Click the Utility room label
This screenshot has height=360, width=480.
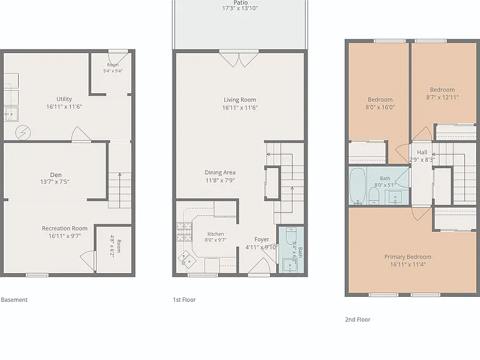pyautogui.click(x=64, y=99)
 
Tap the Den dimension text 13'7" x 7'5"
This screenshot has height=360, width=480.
pyautogui.click(x=55, y=182)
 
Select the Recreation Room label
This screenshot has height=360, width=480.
pyautogui.click(x=64, y=228)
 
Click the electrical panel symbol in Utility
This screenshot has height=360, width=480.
pyautogui.click(x=23, y=133)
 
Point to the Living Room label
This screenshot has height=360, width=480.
pyautogui.click(x=240, y=100)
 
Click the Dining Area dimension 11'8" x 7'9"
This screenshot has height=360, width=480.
pyautogui.click(x=220, y=180)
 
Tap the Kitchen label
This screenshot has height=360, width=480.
pyautogui.click(x=216, y=234)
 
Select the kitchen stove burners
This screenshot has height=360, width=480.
pyautogui.click(x=184, y=231)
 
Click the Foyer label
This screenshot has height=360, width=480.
pyautogui.click(x=262, y=239)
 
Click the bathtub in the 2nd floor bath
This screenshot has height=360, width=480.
pyautogui.click(x=357, y=186)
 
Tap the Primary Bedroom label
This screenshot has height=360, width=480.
pyautogui.click(x=407, y=257)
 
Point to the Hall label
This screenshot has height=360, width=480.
pyautogui.click(x=422, y=152)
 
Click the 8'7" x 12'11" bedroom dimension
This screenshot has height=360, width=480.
pyautogui.click(x=442, y=97)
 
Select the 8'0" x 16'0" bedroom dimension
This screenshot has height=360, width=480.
pyautogui.click(x=380, y=107)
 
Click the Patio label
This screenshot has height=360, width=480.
pyautogui.click(x=240, y=2)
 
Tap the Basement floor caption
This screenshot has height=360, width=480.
pyautogui.click(x=14, y=300)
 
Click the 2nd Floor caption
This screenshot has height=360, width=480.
pyautogui.click(x=357, y=319)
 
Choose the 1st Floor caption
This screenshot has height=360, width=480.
pyautogui.click(x=184, y=300)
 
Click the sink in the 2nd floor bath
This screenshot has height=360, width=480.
pyautogui.click(x=395, y=196)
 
